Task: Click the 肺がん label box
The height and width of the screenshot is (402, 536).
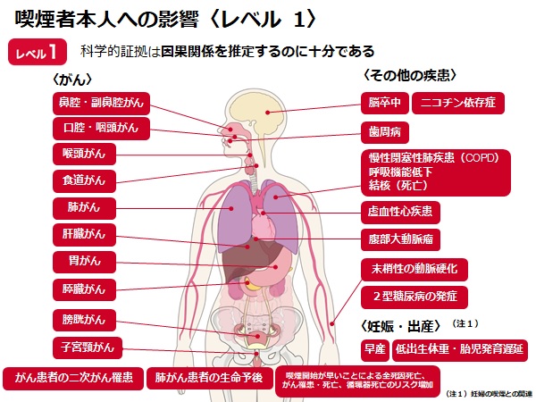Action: tap(84, 208)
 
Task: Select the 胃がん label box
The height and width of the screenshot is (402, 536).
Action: tap(84, 262)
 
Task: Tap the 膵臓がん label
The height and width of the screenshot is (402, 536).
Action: tap(84, 289)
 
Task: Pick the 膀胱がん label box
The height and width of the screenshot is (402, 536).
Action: tap(84, 320)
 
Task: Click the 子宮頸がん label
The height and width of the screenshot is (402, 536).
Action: tap(88, 348)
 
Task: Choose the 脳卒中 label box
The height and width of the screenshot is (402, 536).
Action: tap(384, 103)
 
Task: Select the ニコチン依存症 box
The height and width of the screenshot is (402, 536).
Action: tap(458, 103)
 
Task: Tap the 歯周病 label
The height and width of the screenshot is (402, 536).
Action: tap(384, 132)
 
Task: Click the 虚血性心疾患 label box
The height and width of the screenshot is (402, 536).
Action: tap(400, 213)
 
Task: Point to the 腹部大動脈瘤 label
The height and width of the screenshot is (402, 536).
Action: tap(400, 239)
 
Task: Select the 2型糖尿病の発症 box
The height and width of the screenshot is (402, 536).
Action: tap(415, 297)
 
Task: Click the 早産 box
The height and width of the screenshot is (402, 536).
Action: tap(375, 350)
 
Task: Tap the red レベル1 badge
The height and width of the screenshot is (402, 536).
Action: tap(38, 52)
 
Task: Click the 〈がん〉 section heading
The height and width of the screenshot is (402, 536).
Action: tap(72, 80)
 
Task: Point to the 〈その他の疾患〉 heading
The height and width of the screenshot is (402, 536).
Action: tap(410, 76)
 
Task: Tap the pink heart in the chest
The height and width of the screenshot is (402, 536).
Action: tap(264, 227)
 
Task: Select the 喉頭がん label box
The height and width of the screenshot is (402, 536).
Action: tap(84, 155)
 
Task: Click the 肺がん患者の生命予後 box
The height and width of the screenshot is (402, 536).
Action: tap(210, 378)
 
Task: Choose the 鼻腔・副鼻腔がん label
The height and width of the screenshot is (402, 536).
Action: tap(101, 104)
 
